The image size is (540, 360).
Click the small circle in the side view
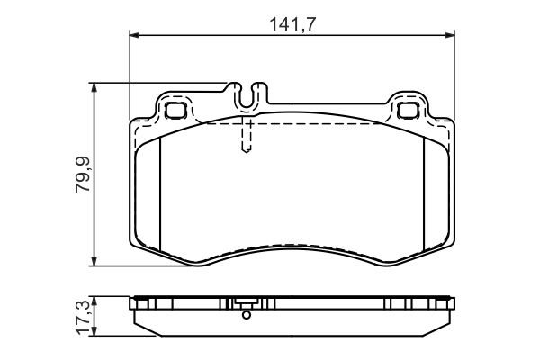(245, 314)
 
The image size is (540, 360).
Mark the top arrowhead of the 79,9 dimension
(95, 87)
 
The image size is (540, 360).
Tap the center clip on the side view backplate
(245, 303)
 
